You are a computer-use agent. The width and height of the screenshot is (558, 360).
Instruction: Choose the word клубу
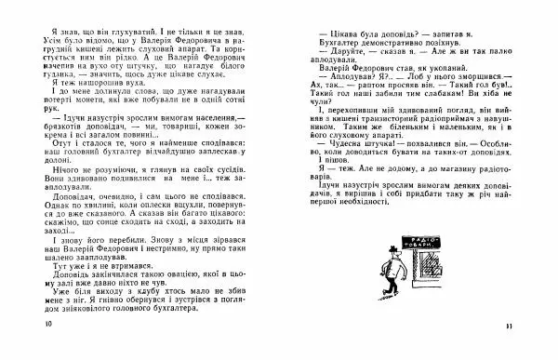tap(141, 303)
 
